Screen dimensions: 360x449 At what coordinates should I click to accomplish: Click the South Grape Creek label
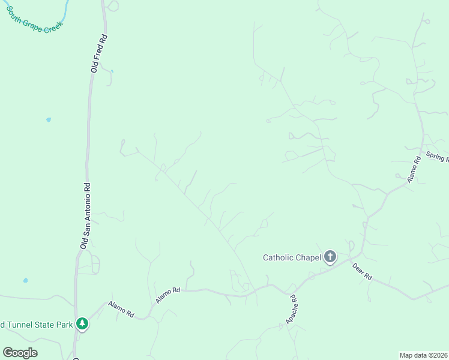(x=35, y=19)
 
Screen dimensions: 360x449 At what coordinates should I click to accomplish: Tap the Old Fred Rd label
(x=99, y=53)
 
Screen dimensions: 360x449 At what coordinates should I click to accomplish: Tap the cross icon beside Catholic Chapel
(x=330, y=257)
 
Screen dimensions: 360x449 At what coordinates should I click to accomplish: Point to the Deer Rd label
(x=363, y=272)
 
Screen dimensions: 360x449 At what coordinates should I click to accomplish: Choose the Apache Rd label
(x=292, y=309)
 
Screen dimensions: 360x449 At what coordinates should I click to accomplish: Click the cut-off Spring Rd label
(x=438, y=157)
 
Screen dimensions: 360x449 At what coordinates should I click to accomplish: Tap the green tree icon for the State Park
(x=82, y=324)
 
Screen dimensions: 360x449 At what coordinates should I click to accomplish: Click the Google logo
(x=20, y=352)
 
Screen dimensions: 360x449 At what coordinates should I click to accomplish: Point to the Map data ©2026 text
(x=423, y=355)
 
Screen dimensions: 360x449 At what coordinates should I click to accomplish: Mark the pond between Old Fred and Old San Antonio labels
(x=49, y=119)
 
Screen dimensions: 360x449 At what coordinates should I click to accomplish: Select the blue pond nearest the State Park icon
(x=25, y=280)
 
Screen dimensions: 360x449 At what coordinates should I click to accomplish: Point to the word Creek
(x=52, y=24)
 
